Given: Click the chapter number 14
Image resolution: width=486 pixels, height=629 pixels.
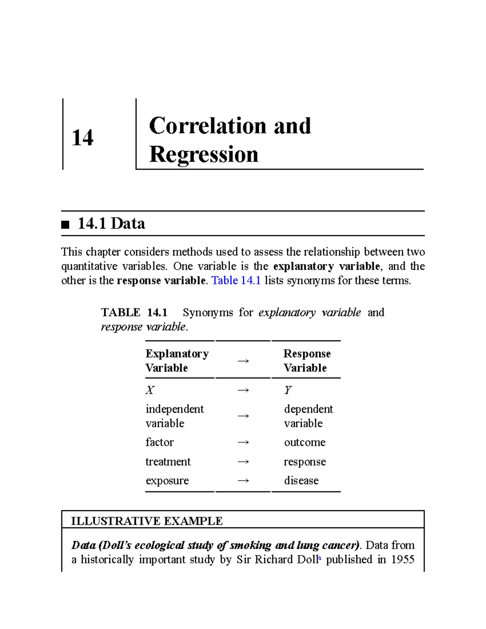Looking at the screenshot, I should pyautogui.click(x=82, y=138).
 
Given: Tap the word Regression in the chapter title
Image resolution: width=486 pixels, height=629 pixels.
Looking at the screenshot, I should pyautogui.click(x=203, y=154).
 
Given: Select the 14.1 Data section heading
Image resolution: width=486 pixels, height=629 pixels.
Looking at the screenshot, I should pyautogui.click(x=111, y=224).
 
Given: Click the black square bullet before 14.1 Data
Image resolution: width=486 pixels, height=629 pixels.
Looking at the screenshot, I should pyautogui.click(x=65, y=224).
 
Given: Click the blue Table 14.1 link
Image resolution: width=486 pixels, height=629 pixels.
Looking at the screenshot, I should pyautogui.click(x=236, y=281).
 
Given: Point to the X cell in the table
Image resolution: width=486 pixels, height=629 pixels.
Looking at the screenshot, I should pyautogui.click(x=150, y=390).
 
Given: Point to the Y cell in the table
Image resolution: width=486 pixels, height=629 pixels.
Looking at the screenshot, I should pyautogui.click(x=288, y=390).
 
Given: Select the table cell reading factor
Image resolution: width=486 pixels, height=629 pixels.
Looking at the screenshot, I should pyautogui.click(x=160, y=442).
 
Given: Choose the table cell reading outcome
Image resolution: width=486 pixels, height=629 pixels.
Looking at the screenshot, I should pyautogui.click(x=305, y=442).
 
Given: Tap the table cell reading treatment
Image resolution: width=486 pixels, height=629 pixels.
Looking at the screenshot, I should pyautogui.click(x=168, y=462).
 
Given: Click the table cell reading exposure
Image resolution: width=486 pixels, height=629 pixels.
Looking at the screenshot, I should pyautogui.click(x=167, y=481).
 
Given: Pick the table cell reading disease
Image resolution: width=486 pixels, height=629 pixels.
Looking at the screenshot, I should pyautogui.click(x=301, y=481).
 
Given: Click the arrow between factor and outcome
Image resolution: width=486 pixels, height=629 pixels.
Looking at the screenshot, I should pyautogui.click(x=243, y=442).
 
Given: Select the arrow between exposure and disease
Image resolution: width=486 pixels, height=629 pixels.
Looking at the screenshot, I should pyautogui.click(x=243, y=481).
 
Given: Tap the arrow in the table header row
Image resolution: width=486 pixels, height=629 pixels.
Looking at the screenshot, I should pyautogui.click(x=243, y=361).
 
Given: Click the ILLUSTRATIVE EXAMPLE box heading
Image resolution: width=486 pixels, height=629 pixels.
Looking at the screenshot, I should pyautogui.click(x=147, y=521).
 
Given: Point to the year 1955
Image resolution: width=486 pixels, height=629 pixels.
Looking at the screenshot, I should pyautogui.click(x=403, y=559).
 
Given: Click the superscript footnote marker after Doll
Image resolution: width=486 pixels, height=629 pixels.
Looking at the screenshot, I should pyautogui.click(x=320, y=558).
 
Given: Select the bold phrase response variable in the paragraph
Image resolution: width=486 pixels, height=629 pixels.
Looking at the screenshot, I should pyautogui.click(x=161, y=281).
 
